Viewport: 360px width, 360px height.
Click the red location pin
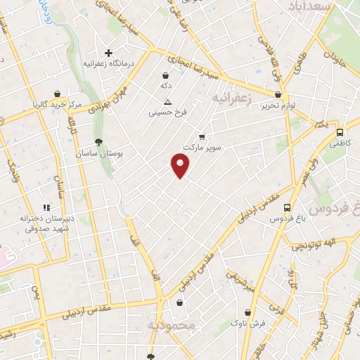click(x=181, y=166)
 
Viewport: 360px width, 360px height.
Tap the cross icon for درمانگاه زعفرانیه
click(x=108, y=53)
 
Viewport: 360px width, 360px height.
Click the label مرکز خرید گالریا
click(x=57, y=105)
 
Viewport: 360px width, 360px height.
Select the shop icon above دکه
click(x=165, y=75)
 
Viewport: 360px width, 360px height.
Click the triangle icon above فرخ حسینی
click(x=159, y=101)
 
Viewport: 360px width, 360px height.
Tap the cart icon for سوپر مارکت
click(x=202, y=136)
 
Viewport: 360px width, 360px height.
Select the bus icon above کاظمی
click(x=340, y=131)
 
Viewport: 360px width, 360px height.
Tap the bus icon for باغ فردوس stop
click(x=287, y=207)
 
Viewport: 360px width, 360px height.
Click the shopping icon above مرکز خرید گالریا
click(x=56, y=94)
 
